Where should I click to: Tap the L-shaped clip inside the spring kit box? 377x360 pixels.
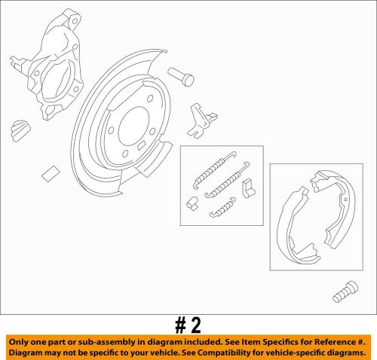pyautogui.click(x=248, y=185)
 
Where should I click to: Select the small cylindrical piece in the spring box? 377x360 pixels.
pyautogui.click(x=192, y=201)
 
